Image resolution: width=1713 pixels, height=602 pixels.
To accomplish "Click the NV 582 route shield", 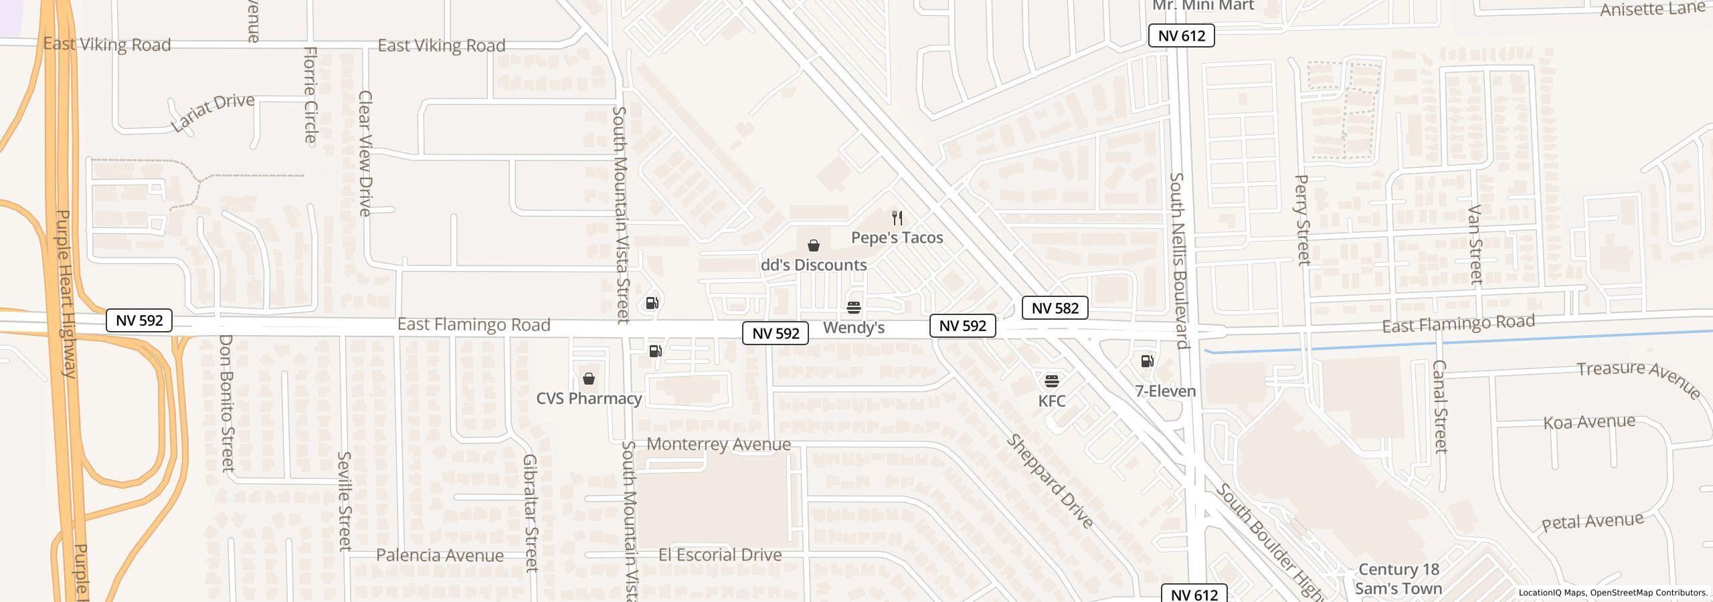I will (x=1055, y=308).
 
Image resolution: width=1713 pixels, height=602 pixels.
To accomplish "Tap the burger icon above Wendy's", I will (x=853, y=307).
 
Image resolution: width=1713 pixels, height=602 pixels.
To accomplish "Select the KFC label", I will (x=1051, y=401).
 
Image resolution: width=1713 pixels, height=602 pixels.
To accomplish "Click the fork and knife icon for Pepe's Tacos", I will (x=897, y=218).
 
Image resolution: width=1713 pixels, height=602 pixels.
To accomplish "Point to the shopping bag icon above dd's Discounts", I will (x=813, y=245).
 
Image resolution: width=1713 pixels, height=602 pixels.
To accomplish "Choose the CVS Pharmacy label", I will (x=589, y=399).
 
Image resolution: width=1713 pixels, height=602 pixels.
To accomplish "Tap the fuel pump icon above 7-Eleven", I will (x=1147, y=361).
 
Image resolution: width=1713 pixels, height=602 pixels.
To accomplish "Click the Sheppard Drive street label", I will (x=1049, y=480).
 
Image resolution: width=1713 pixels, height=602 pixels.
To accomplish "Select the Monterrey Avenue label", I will (x=718, y=444).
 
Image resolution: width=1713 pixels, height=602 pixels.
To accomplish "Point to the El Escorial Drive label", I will (x=719, y=555).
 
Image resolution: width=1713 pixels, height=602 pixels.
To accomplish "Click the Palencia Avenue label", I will (x=440, y=555).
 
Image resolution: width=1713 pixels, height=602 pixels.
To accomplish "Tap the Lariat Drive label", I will (x=213, y=112).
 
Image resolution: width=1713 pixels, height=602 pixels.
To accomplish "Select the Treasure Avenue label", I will (x=1638, y=379).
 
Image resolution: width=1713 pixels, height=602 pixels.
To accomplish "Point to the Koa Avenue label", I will (x=1589, y=422).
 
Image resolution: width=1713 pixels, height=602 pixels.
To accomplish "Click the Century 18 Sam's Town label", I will (x=1398, y=579).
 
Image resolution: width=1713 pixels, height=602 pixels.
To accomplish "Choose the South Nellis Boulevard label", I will (x=1178, y=260).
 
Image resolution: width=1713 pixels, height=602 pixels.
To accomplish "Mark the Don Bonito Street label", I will (x=226, y=403).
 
